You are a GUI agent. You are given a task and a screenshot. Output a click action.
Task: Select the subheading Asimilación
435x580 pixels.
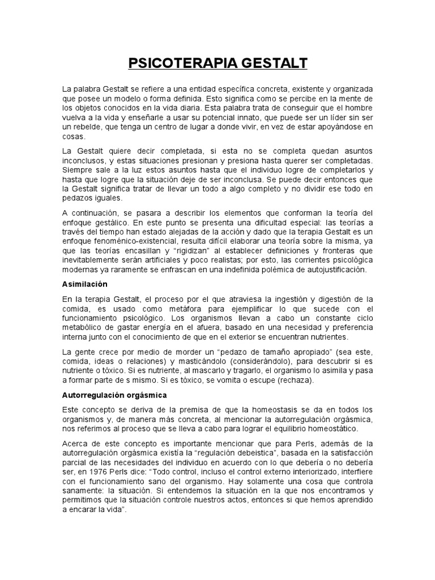coord(85,283)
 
